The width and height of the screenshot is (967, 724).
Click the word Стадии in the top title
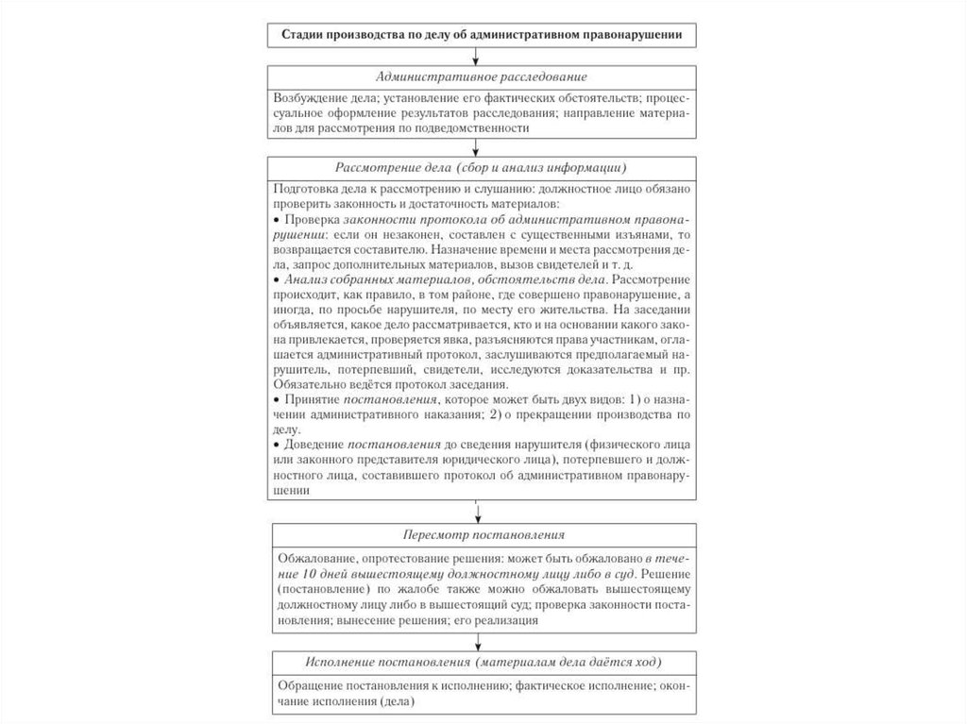[x=305, y=35]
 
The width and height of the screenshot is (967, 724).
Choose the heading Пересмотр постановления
[x=482, y=533]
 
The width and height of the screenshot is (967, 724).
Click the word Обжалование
[x=316, y=558]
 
